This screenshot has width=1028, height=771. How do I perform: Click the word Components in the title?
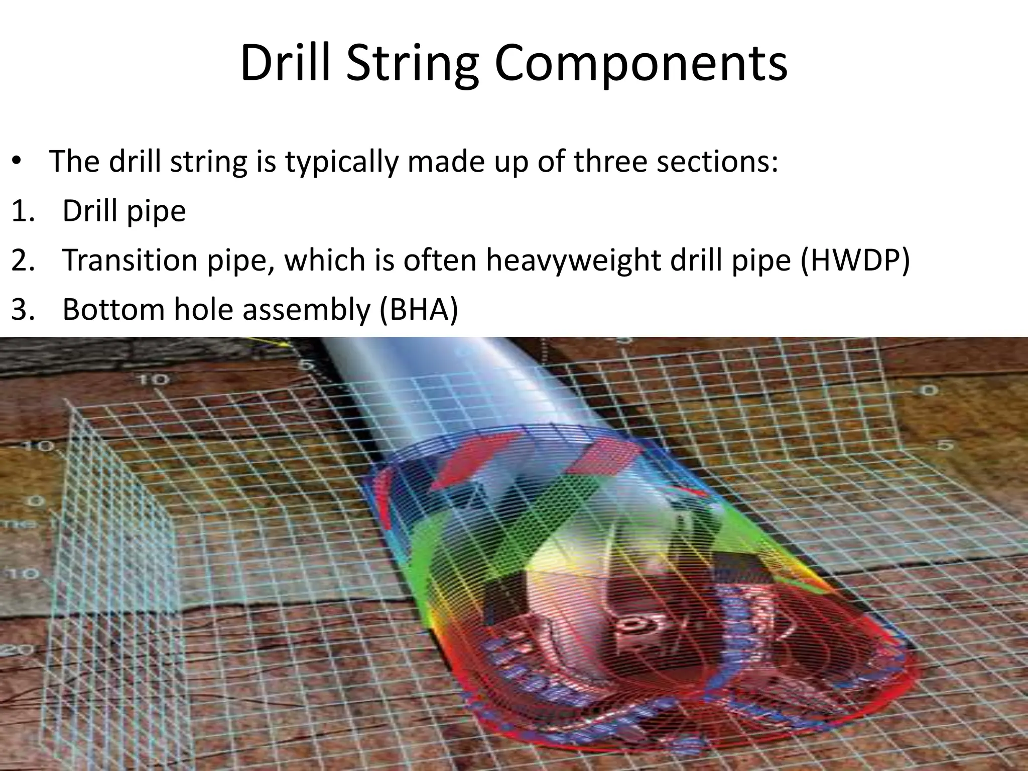coord(641,64)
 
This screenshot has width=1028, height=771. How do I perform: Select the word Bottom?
coord(114,309)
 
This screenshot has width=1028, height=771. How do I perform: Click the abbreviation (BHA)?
coord(419,309)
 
